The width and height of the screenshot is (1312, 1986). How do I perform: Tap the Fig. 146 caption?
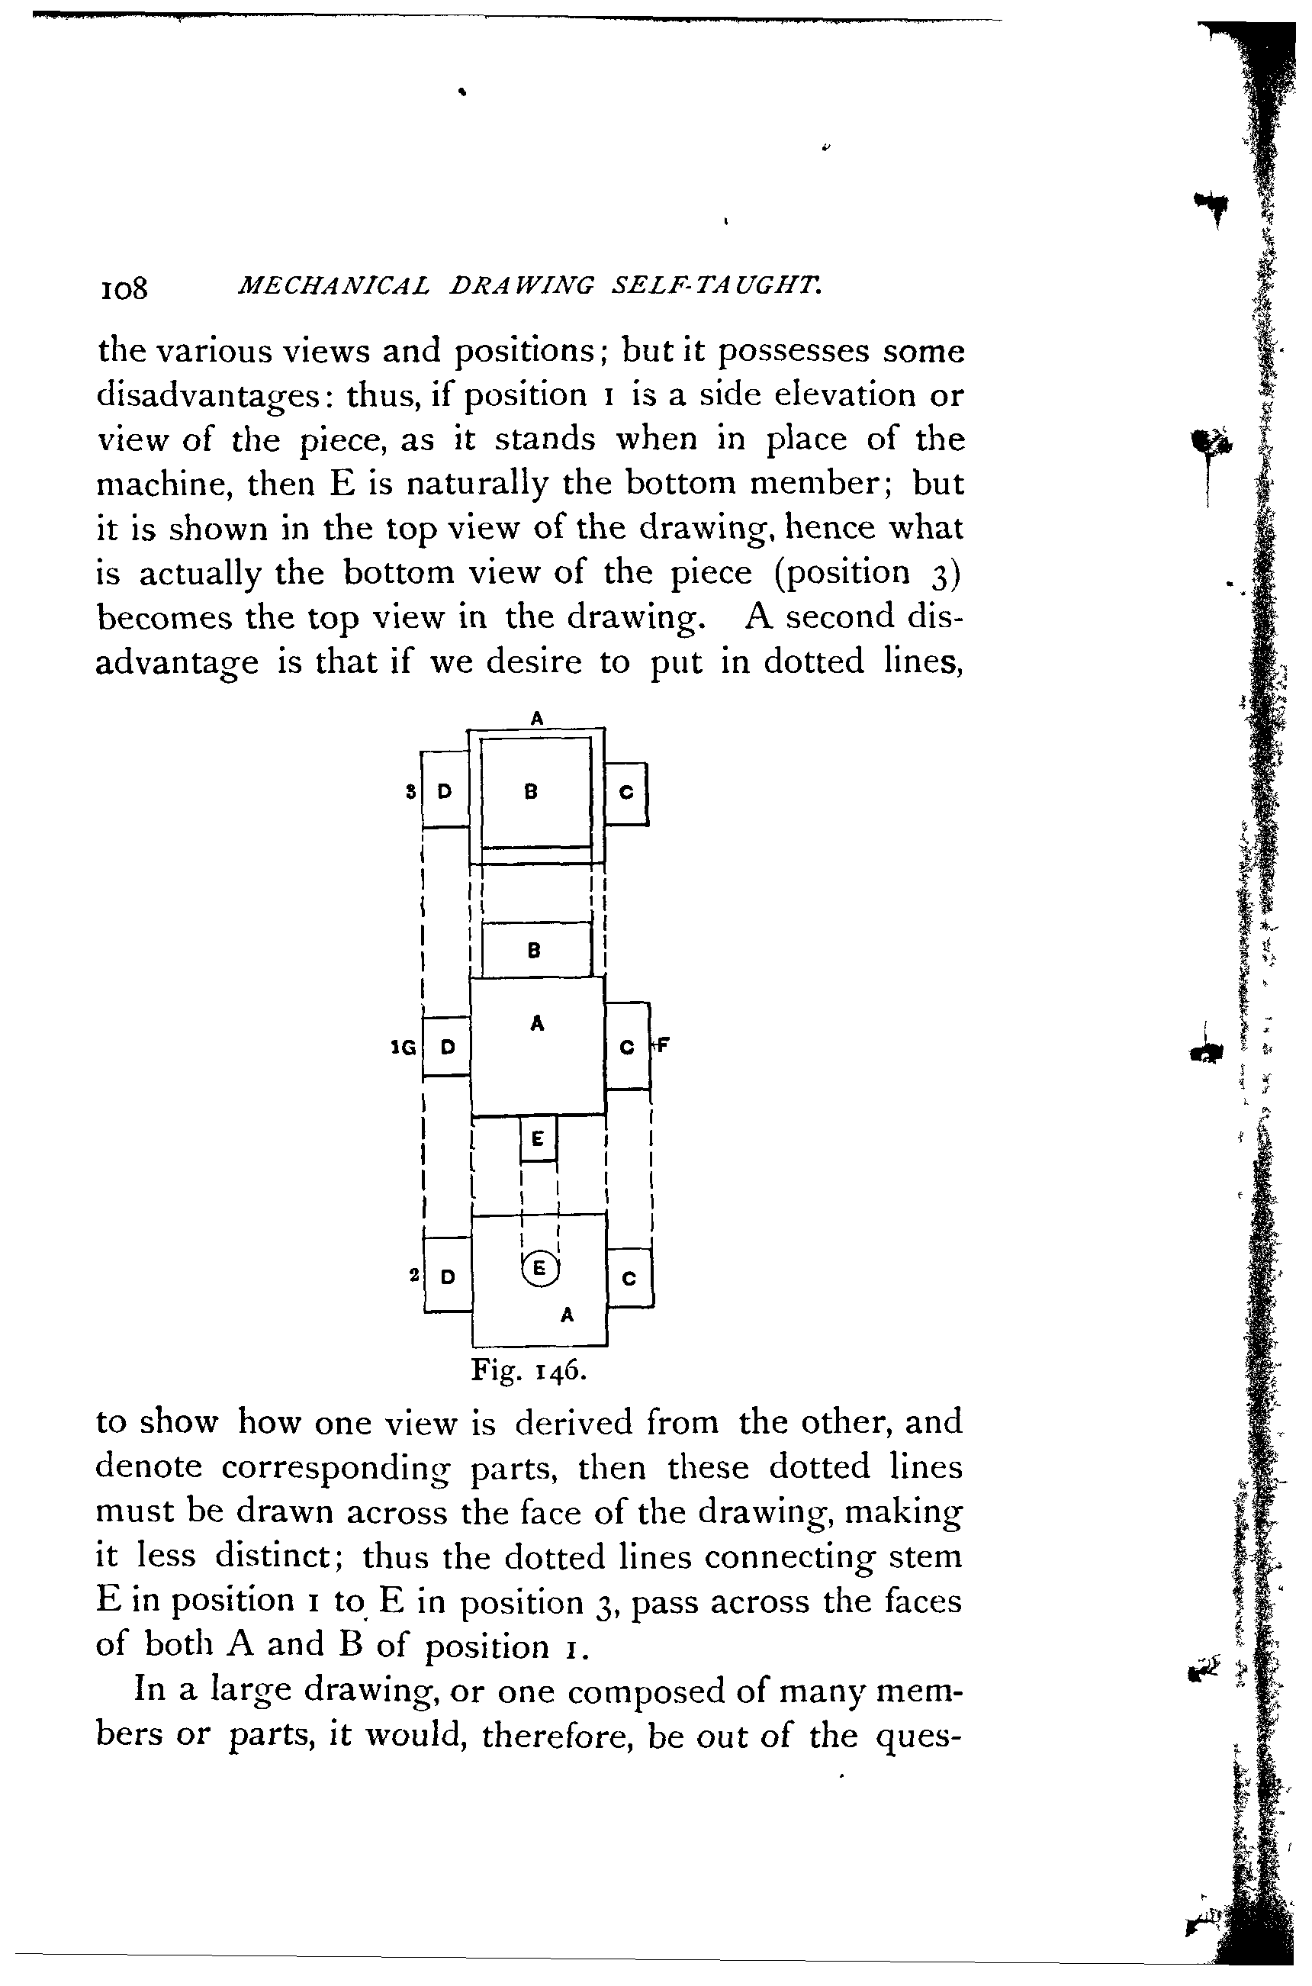pyautogui.click(x=528, y=1370)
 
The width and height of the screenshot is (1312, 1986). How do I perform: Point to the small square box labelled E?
pyautogui.click(x=538, y=1138)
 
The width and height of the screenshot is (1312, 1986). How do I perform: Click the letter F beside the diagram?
pyautogui.click(x=662, y=1045)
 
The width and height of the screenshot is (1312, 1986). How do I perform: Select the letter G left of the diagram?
pyautogui.click(x=408, y=1047)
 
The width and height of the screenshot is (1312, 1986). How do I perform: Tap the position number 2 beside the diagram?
pyautogui.click(x=413, y=1275)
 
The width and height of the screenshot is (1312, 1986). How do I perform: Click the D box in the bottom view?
pyautogui.click(x=448, y=1276)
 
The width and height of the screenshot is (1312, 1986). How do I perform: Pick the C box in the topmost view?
pyautogui.click(x=626, y=793)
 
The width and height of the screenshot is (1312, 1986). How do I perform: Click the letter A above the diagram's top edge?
pyautogui.click(x=537, y=717)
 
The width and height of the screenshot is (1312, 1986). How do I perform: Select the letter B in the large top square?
pyautogui.click(x=530, y=791)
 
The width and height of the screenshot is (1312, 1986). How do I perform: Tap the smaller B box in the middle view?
pyautogui.click(x=534, y=950)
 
